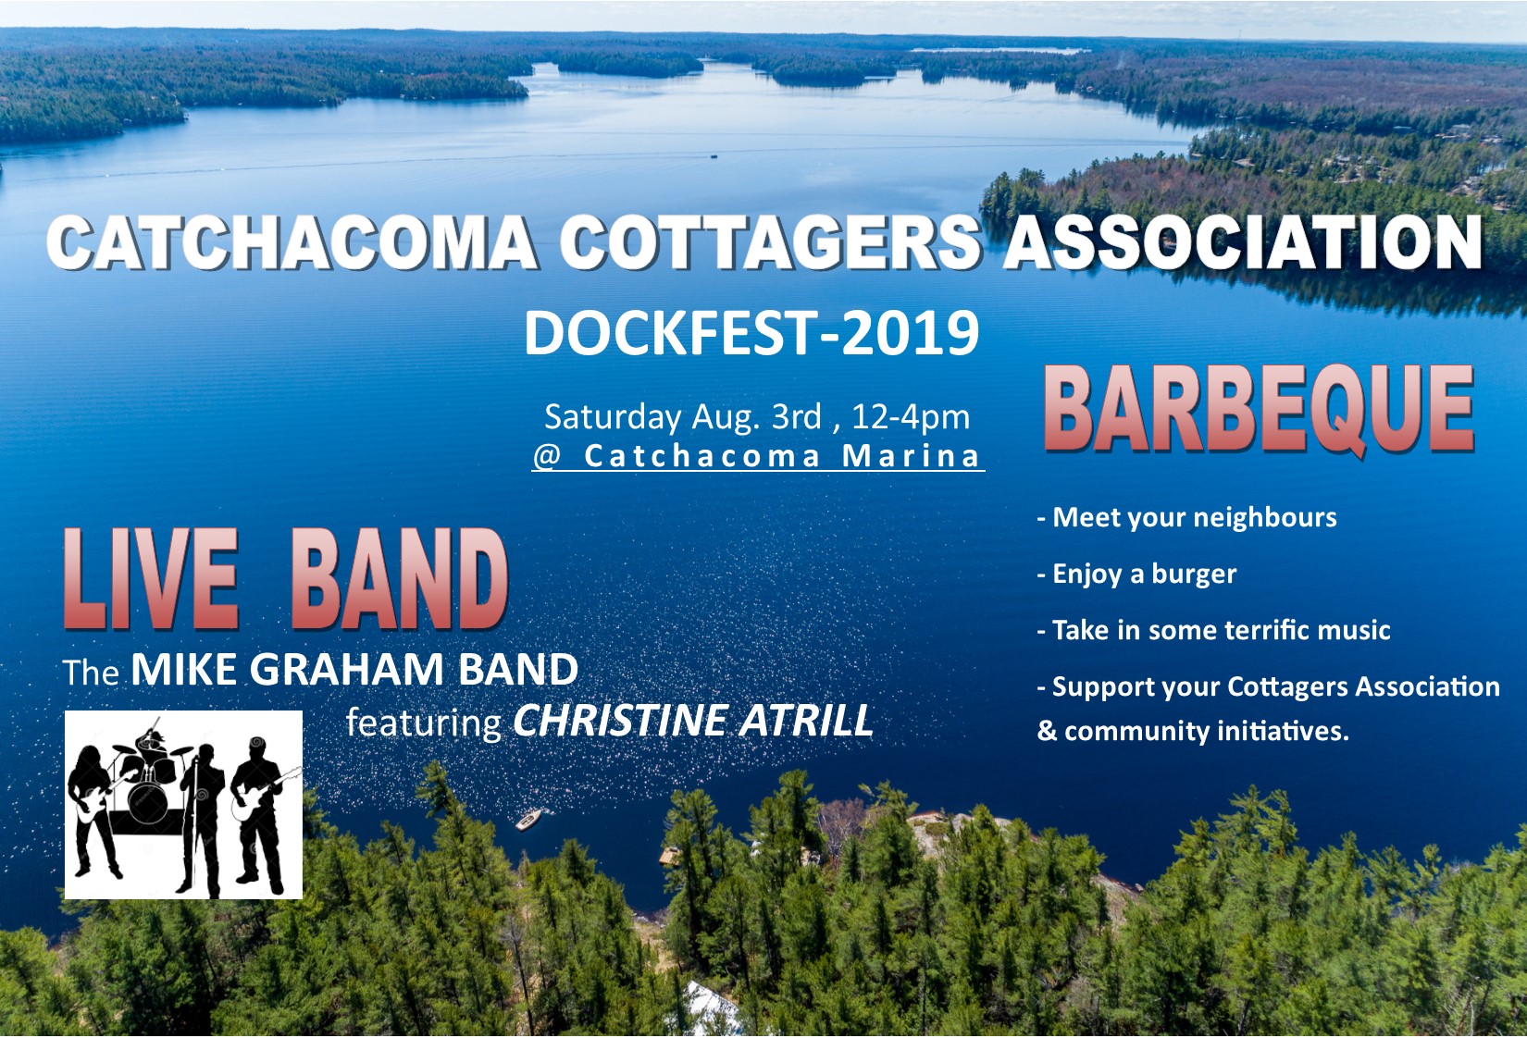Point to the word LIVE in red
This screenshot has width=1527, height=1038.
(151, 578)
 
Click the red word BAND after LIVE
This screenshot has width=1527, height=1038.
(400, 578)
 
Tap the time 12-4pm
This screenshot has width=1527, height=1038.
(911, 417)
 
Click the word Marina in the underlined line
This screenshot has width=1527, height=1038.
(912, 456)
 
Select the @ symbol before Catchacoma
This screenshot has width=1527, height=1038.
(547, 457)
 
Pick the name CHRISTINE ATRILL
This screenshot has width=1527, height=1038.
(693, 721)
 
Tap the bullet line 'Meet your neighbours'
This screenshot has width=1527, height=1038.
(1186, 517)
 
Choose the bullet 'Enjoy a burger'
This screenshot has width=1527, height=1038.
(1136, 574)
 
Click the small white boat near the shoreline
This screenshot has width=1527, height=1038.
(528, 819)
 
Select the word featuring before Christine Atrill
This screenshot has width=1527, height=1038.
(424, 723)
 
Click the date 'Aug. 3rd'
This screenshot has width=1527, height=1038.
(756, 417)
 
